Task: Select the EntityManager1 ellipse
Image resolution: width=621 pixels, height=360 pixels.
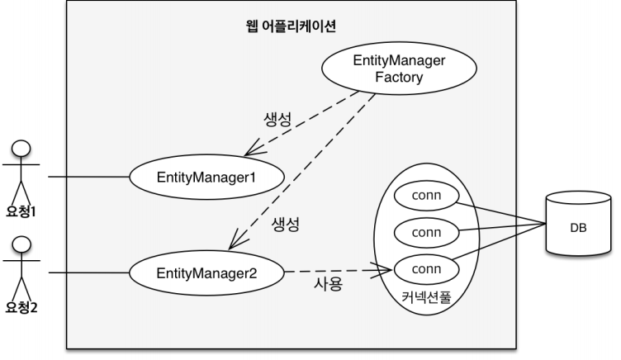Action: coord(208,176)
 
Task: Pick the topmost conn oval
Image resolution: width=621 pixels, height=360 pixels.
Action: coord(426,197)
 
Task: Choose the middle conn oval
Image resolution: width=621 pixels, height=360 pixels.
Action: coord(426,232)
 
